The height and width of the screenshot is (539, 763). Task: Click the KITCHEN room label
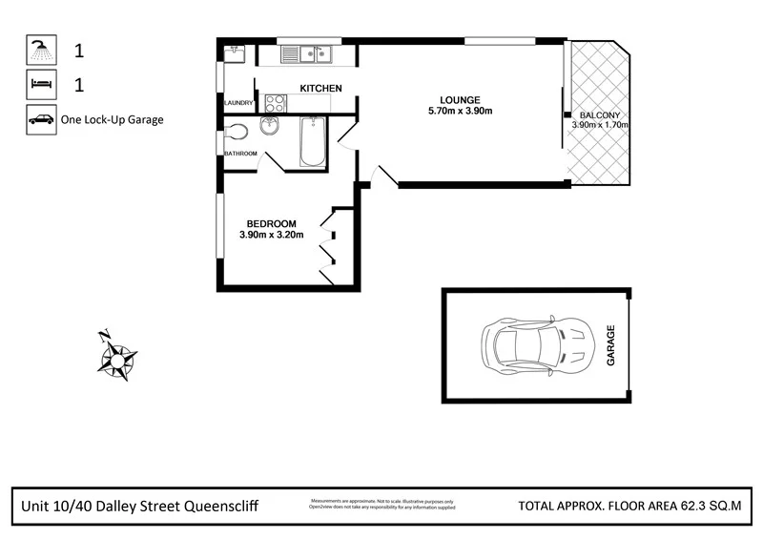pos(320,89)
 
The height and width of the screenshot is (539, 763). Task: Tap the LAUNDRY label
pos(237,103)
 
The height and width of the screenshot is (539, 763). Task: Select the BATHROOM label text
pos(240,154)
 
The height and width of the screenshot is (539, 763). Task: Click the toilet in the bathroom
pos(236,132)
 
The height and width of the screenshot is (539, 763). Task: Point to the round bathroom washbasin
pos(271,130)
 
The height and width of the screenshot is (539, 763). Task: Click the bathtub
pos(311,142)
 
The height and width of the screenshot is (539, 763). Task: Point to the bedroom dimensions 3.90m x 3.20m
pos(271,235)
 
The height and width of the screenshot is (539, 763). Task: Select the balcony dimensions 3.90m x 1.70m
pos(601,125)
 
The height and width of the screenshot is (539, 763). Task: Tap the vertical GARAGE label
pos(611,345)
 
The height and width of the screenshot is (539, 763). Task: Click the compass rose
pos(116,357)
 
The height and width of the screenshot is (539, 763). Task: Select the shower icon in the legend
pos(40,50)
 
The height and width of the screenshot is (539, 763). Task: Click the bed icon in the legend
pos(40,85)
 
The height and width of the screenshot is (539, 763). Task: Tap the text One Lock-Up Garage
pos(113,120)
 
